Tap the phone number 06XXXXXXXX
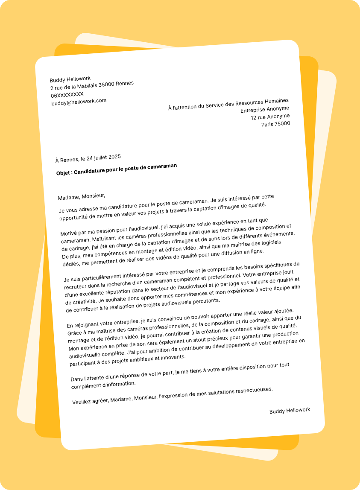click(x=67, y=94)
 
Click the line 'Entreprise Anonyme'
click(x=265, y=109)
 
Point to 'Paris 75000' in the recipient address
click(x=275, y=124)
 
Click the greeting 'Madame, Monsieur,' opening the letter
click(x=82, y=197)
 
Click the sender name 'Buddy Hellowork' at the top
click(x=70, y=79)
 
